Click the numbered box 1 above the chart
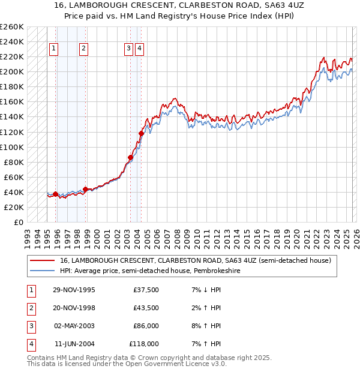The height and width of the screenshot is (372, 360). point(54,49)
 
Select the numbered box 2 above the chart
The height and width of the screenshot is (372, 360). point(83,49)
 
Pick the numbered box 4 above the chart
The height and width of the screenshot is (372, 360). point(139,49)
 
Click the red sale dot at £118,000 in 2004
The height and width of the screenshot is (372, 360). point(142,133)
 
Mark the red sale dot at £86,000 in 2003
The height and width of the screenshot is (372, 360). point(130,157)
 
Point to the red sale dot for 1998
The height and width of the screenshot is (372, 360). point(85,189)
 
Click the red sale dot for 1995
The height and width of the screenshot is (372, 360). point(56,194)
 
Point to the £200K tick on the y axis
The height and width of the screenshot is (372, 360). point(12,71)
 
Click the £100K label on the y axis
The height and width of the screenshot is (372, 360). point(12,147)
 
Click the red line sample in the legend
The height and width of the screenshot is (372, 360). point(43,260)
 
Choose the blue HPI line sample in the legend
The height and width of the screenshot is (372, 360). point(43,271)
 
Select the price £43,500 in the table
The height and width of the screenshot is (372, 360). point(146,308)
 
